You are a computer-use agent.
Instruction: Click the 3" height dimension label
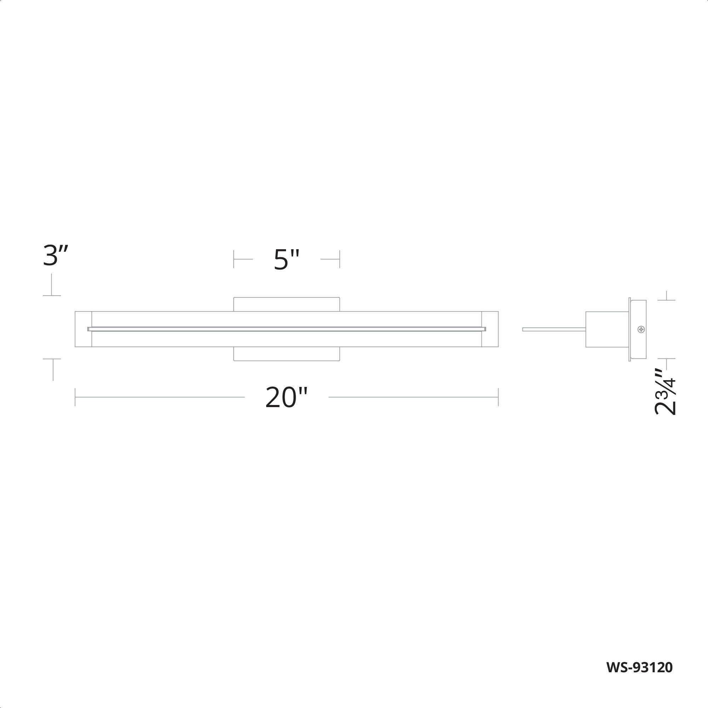55,256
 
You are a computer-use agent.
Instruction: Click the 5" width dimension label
287,260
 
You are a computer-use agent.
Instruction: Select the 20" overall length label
286,398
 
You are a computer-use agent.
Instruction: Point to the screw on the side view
641,330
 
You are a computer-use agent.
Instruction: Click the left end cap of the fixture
83,329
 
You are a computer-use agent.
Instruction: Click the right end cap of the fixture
490,329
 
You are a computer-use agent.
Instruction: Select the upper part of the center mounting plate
287,304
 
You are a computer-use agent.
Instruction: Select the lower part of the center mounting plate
287,354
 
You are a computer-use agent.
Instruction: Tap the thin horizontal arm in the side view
553,330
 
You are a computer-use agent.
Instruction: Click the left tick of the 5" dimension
234,259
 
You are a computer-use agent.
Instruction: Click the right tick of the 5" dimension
339,259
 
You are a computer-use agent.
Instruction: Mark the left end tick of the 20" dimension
75,397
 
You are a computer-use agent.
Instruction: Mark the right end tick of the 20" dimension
498,397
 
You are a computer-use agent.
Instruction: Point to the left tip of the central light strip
89,329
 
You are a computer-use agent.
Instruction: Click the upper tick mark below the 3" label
52,295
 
